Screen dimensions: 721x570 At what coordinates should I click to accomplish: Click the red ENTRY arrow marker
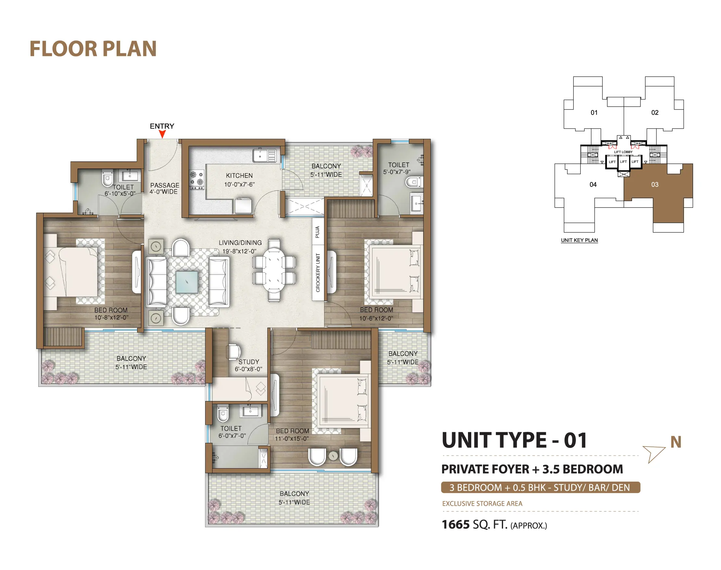point(162,134)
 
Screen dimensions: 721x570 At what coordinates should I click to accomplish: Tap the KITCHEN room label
point(239,175)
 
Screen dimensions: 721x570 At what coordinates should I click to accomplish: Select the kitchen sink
point(264,156)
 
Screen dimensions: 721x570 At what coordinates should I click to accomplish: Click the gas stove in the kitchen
point(196,180)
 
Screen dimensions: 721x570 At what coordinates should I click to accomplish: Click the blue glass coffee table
point(186,282)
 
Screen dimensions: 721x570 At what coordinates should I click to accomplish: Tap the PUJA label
point(317,232)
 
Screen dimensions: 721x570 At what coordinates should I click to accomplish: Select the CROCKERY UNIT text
point(318,273)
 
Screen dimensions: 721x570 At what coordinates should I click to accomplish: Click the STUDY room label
point(248,362)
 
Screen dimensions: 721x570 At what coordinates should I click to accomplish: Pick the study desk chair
point(234,352)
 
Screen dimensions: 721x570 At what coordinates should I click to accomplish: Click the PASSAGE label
point(164,185)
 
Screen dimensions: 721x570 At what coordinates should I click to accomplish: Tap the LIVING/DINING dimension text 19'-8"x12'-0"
point(239,251)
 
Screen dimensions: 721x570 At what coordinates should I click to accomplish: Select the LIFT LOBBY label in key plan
point(623,152)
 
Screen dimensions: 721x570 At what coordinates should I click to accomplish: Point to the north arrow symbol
point(654,453)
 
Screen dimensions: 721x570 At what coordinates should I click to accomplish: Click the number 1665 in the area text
point(456,525)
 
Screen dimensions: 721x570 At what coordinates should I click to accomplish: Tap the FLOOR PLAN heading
point(93,49)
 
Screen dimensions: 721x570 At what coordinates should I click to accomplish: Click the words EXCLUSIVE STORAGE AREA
point(482,504)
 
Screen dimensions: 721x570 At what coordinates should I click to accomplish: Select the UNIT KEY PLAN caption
point(579,240)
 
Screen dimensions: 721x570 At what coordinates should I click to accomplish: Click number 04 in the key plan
point(593,185)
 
